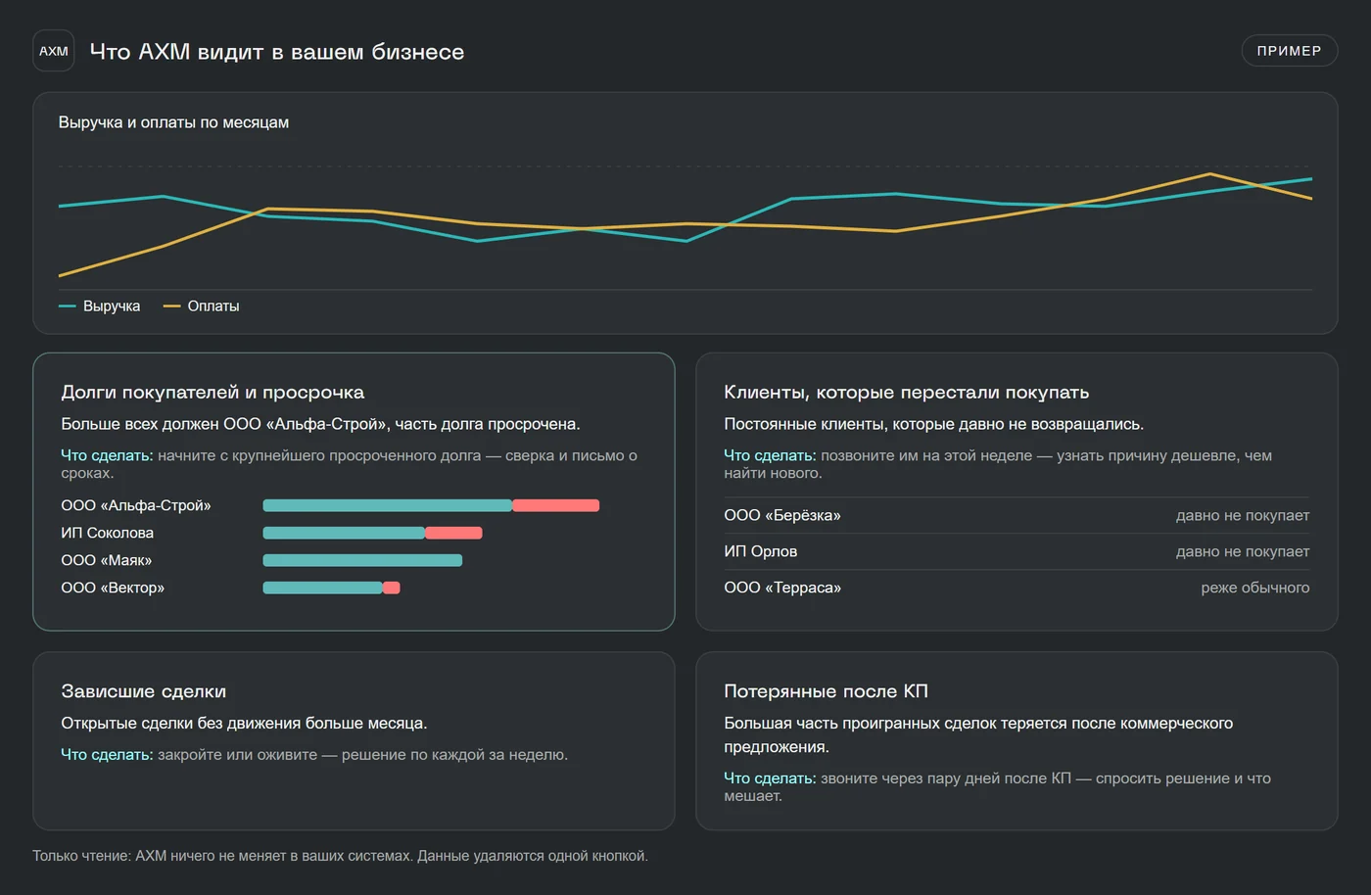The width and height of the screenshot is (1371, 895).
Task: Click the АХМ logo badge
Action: [53, 51]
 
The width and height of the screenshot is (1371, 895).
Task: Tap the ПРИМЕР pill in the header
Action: [1289, 51]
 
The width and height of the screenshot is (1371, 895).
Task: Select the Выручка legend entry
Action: [99, 306]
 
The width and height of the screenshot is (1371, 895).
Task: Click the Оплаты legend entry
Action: [202, 306]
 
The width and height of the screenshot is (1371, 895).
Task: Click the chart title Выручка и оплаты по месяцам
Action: [174, 122]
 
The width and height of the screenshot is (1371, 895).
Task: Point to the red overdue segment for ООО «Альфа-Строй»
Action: [556, 505]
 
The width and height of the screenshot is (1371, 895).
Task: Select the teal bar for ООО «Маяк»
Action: [362, 560]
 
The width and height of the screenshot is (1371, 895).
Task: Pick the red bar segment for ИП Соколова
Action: [453, 534]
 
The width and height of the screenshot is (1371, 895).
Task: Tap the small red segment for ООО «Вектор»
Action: [391, 588]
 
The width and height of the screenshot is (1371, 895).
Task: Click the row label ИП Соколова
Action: [107, 534]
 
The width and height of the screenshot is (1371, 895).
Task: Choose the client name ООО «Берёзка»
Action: [782, 515]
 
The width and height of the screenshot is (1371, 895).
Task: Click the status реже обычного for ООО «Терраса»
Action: [1254, 588]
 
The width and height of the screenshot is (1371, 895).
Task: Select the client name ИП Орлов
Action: [760, 551]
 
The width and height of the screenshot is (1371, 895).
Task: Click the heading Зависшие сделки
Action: [144, 691]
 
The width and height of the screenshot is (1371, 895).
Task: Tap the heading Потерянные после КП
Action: [826, 691]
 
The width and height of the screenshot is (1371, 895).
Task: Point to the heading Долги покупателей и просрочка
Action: [213, 393]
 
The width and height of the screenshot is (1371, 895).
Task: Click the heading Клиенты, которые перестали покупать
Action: [907, 393]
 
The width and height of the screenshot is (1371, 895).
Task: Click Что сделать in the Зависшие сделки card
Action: [107, 755]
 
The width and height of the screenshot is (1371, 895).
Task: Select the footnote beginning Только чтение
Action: [341, 856]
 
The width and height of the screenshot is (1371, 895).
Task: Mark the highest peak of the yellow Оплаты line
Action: [1210, 174]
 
